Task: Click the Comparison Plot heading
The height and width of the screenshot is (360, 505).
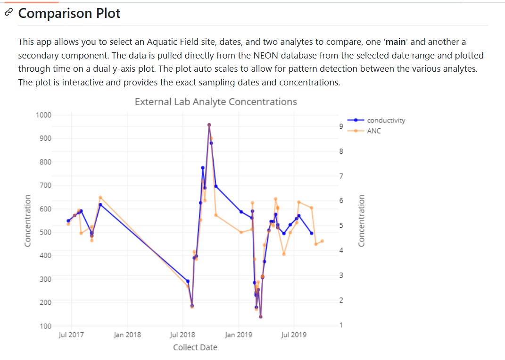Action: point(69,13)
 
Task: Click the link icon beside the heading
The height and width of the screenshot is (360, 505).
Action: point(8,13)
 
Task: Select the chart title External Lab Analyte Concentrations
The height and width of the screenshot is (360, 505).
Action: point(215,102)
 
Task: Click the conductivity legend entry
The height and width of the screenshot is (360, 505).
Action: point(386,120)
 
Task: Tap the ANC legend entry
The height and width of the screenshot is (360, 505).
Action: point(373,131)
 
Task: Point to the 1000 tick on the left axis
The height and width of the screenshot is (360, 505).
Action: point(43,115)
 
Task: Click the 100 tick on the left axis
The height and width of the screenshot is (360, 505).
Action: point(46,326)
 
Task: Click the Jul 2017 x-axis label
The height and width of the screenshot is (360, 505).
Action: point(71,335)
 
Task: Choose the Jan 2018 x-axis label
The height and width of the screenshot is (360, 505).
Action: point(127,335)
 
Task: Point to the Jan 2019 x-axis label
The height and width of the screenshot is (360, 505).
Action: point(238,335)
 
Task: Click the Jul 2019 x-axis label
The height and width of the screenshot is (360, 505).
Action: point(293,335)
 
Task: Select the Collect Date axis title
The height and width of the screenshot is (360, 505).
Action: point(195,348)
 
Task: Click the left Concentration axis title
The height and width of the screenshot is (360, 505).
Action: point(28,220)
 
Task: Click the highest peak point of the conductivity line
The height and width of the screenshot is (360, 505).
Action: point(209,125)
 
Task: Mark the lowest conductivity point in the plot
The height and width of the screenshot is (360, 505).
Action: point(260,317)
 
